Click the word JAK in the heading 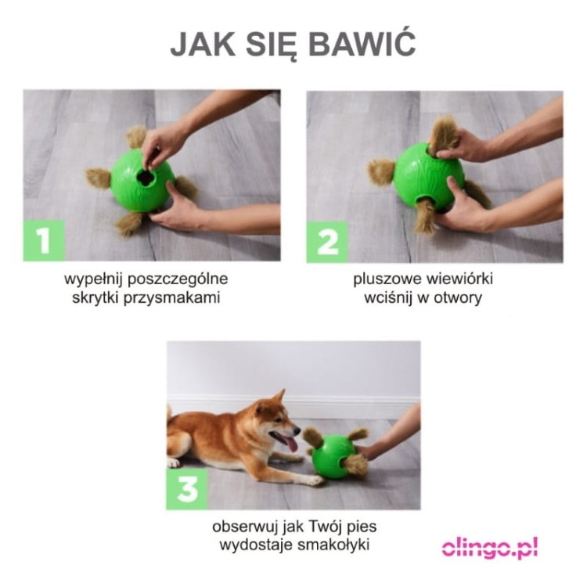point(203,44)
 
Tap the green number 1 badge point(44,241)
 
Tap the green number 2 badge point(328,242)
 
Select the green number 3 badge point(187,489)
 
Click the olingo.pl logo point(490,549)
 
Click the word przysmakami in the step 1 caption point(172,298)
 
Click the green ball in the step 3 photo point(333,457)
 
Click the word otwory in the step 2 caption point(458,298)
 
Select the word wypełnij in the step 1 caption point(94,279)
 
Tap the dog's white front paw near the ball point(314,481)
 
